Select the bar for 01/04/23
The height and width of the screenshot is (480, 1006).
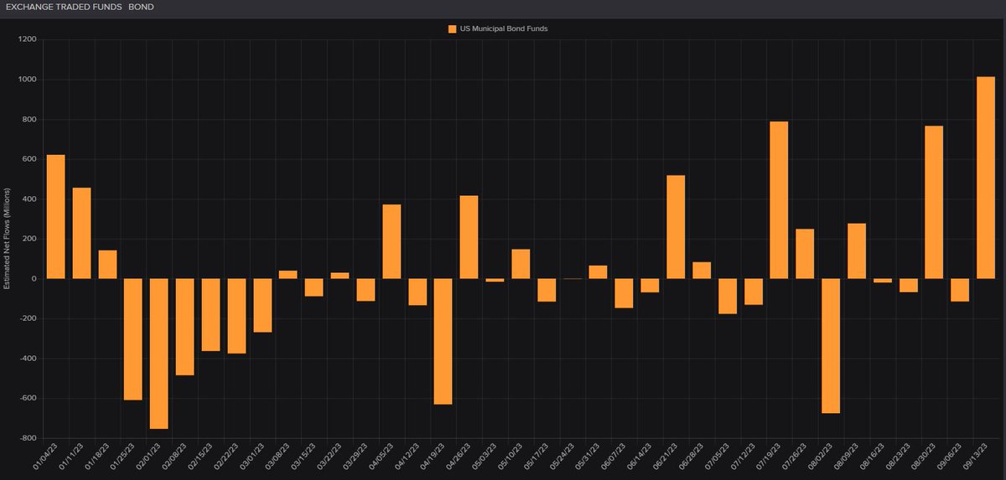pyautogui.click(x=56, y=216)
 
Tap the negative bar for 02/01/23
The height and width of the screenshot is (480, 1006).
pyautogui.click(x=159, y=354)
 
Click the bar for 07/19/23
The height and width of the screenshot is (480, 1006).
pyautogui.click(x=779, y=200)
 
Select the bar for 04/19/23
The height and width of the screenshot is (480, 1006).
pyautogui.click(x=443, y=342)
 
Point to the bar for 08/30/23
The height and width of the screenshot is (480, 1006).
pyautogui.click(x=934, y=202)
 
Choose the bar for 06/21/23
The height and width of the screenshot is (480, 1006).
pyautogui.click(x=676, y=227)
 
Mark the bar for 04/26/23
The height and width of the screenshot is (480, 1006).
pyautogui.click(x=469, y=237)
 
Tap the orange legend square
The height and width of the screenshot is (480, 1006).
pyautogui.click(x=453, y=28)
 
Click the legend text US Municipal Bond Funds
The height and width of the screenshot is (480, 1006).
pyautogui.click(x=503, y=28)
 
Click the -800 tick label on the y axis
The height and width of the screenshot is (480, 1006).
pyautogui.click(x=26, y=438)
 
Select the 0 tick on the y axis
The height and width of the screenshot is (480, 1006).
pyautogui.click(x=32, y=279)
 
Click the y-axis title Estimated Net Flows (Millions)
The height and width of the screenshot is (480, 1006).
pyautogui.click(x=8, y=239)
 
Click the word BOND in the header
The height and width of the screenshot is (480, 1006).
pyautogui.click(x=141, y=7)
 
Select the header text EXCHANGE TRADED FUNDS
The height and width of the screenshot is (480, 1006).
pyautogui.click(x=61, y=7)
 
